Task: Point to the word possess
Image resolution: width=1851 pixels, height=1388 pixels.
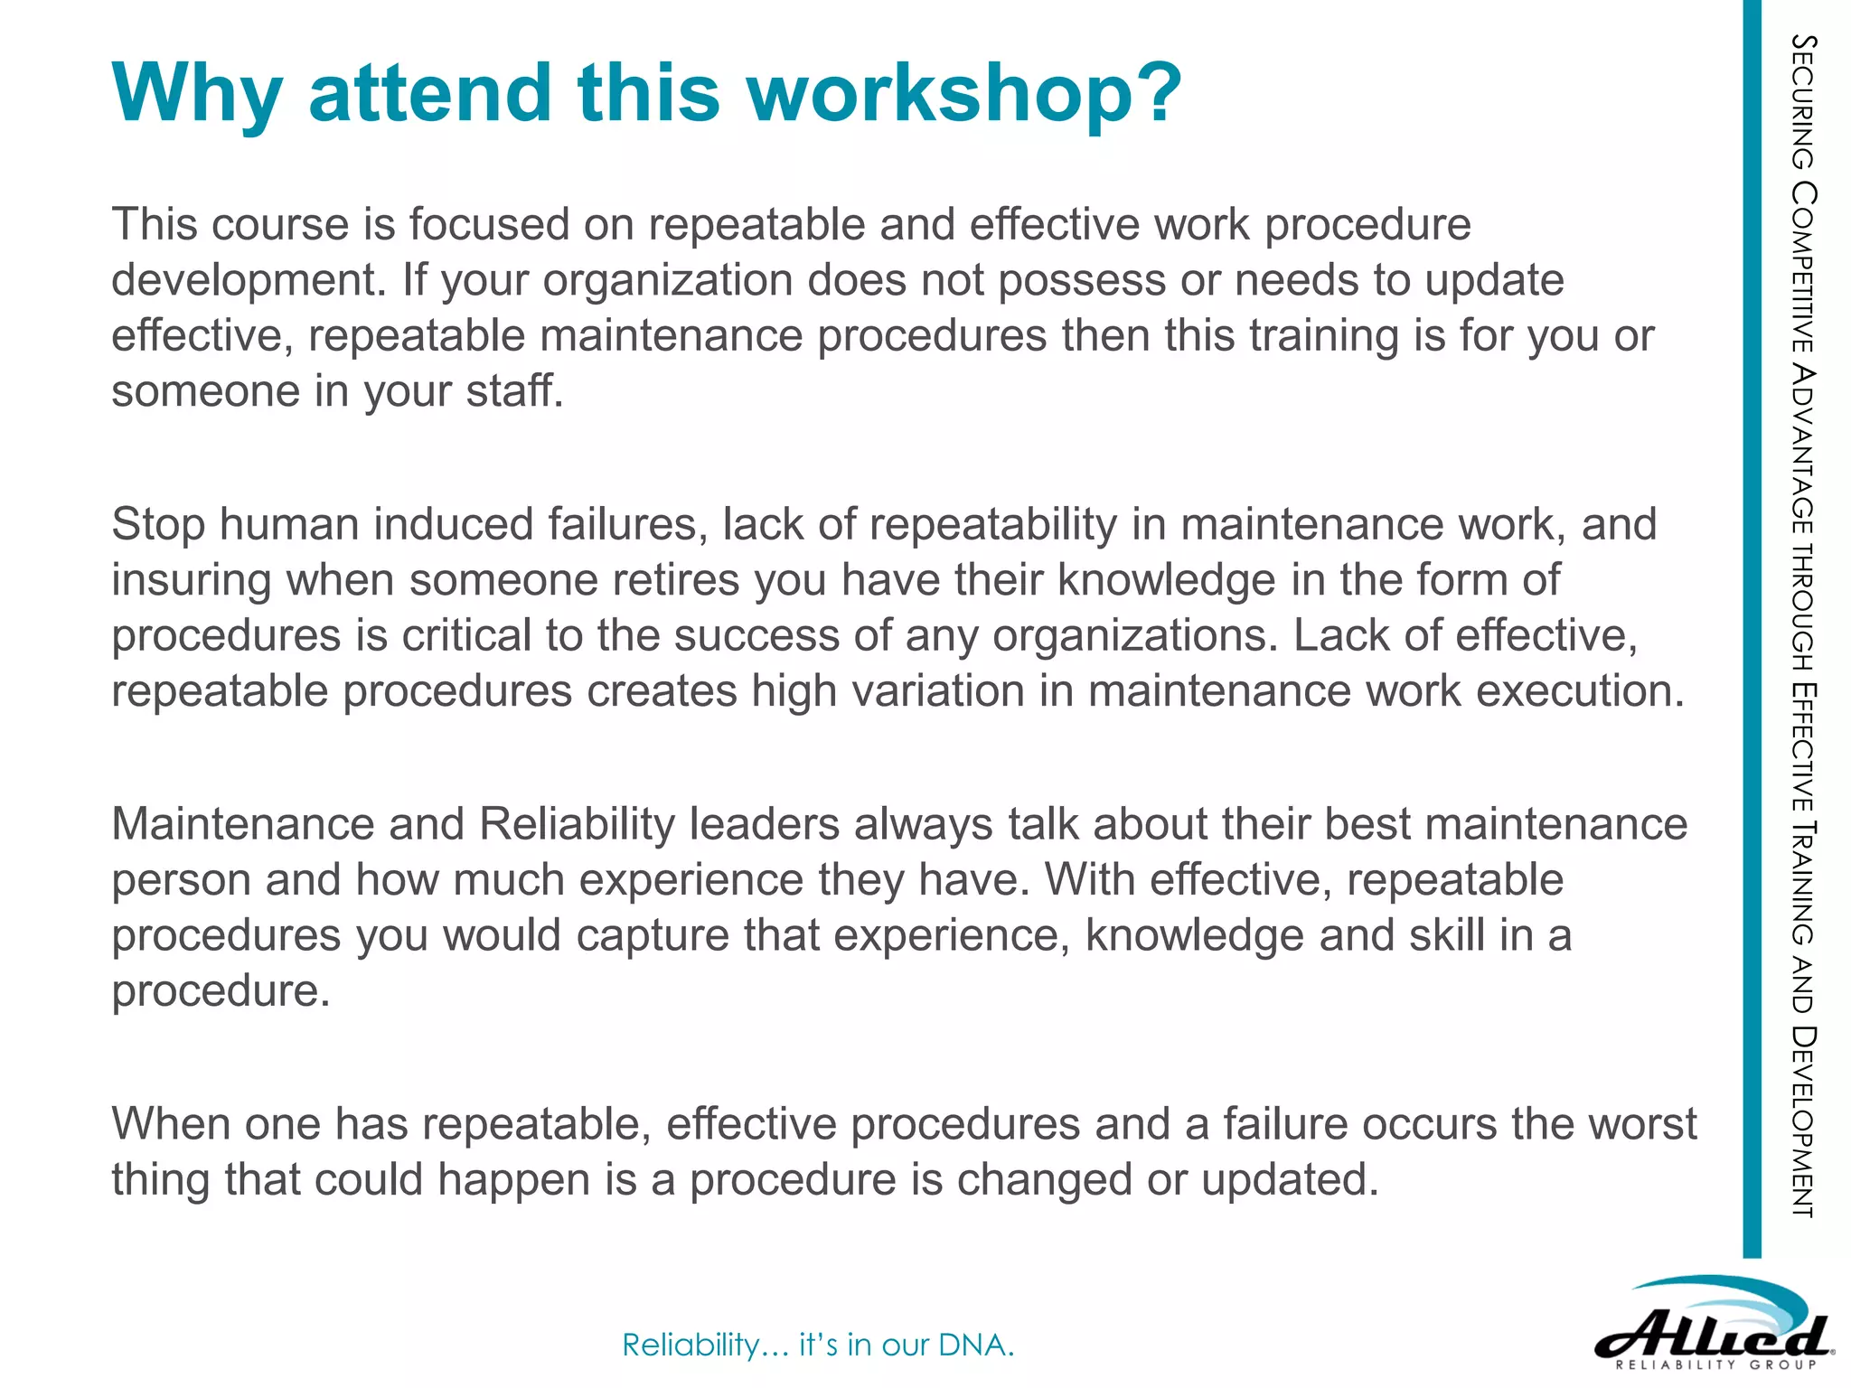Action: pyautogui.click(x=1082, y=280)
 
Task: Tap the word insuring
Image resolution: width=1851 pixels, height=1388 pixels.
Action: pyautogui.click(x=192, y=580)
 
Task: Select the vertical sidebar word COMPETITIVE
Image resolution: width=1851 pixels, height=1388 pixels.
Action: pyautogui.click(x=1804, y=267)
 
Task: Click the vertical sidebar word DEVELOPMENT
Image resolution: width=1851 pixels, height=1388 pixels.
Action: pyautogui.click(x=1804, y=1121)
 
